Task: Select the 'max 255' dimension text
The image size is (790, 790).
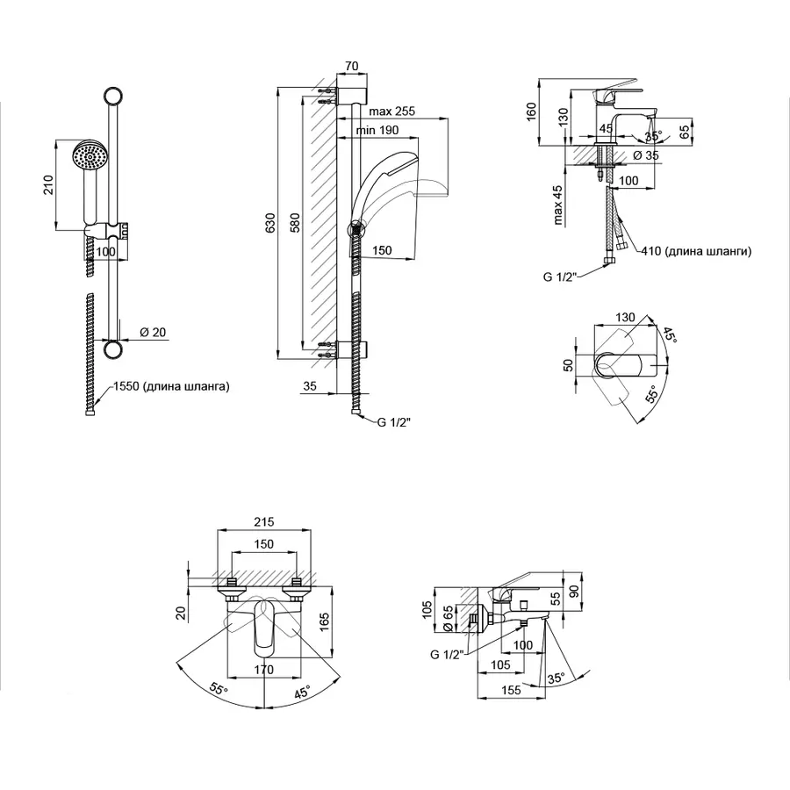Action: pyautogui.click(x=391, y=111)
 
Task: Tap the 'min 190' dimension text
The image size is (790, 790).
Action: pyautogui.click(x=377, y=130)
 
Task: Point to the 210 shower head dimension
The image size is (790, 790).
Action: pyautogui.click(x=49, y=185)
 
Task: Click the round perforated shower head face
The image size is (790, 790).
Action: pyautogui.click(x=89, y=158)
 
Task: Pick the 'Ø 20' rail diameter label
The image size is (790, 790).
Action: pyautogui.click(x=153, y=332)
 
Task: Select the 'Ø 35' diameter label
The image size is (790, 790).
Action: pyautogui.click(x=646, y=155)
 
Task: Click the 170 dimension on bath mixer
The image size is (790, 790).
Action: pyautogui.click(x=264, y=670)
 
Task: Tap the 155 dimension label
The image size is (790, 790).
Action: pyautogui.click(x=511, y=691)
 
